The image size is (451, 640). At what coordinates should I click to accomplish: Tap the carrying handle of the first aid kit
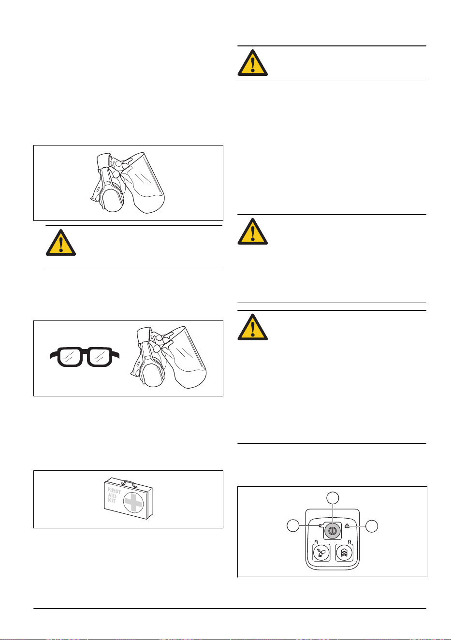tap(129, 483)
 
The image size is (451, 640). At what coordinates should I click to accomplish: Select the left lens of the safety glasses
tap(70, 357)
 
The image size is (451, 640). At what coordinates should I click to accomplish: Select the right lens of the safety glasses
tap(99, 357)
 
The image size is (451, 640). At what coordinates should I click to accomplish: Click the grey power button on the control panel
tap(332, 531)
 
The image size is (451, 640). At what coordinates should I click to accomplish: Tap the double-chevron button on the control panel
tap(344, 553)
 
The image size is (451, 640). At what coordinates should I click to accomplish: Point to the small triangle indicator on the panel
tap(347, 526)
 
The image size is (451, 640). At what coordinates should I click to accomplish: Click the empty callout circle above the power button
tap(333, 498)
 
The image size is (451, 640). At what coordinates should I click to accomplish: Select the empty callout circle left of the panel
tap(293, 526)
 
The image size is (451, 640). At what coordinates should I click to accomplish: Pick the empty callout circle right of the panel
tap(372, 526)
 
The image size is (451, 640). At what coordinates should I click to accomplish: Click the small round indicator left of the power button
tap(320, 525)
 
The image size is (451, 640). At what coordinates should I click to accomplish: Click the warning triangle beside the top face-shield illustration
tap(61, 243)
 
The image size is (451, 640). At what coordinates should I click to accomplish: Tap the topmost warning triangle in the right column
tap(253, 63)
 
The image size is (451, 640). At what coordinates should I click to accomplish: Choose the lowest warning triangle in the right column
tap(253, 327)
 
